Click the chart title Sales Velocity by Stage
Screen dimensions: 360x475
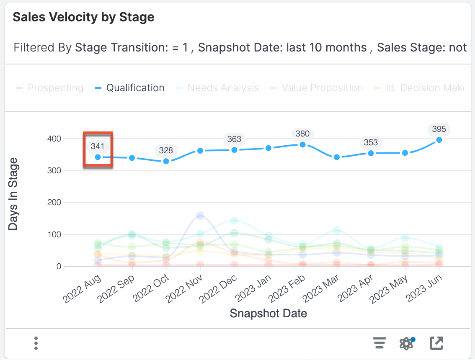tap(83, 17)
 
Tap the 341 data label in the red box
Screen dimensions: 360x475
tap(98, 147)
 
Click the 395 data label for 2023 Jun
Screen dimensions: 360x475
tap(439, 129)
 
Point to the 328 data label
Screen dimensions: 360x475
tap(166, 151)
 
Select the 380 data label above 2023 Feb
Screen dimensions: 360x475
tap(302, 134)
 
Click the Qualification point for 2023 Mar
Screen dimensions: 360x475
tap(336, 157)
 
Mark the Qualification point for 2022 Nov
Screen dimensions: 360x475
tap(200, 151)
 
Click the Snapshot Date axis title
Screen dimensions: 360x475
tap(268, 313)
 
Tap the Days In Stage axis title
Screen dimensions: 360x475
tap(13, 194)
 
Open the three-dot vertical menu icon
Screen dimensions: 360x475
tap(36, 343)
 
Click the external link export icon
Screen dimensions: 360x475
tap(436, 343)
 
